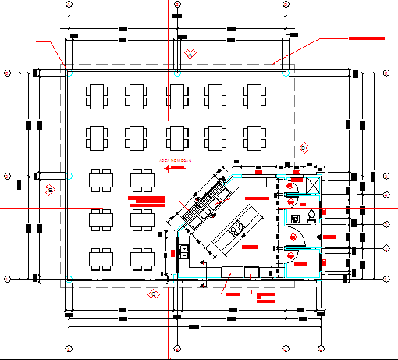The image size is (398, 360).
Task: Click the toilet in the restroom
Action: click(311, 213)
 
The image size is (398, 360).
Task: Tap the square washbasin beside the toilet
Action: click(295, 216)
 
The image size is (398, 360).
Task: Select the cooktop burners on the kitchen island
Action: click(236, 229)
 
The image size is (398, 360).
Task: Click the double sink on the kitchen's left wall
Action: click(183, 251)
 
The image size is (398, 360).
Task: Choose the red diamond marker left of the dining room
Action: click(49, 189)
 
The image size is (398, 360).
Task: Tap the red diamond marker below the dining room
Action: click(154, 294)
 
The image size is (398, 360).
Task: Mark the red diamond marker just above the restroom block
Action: click(304, 148)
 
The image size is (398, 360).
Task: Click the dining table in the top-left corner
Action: click(98, 97)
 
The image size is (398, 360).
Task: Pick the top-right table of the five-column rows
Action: click(257, 97)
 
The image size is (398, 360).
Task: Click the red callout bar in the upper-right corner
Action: click(366, 37)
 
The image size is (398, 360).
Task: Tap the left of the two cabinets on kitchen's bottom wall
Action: click(233, 272)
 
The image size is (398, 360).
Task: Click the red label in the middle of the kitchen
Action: click(249, 247)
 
